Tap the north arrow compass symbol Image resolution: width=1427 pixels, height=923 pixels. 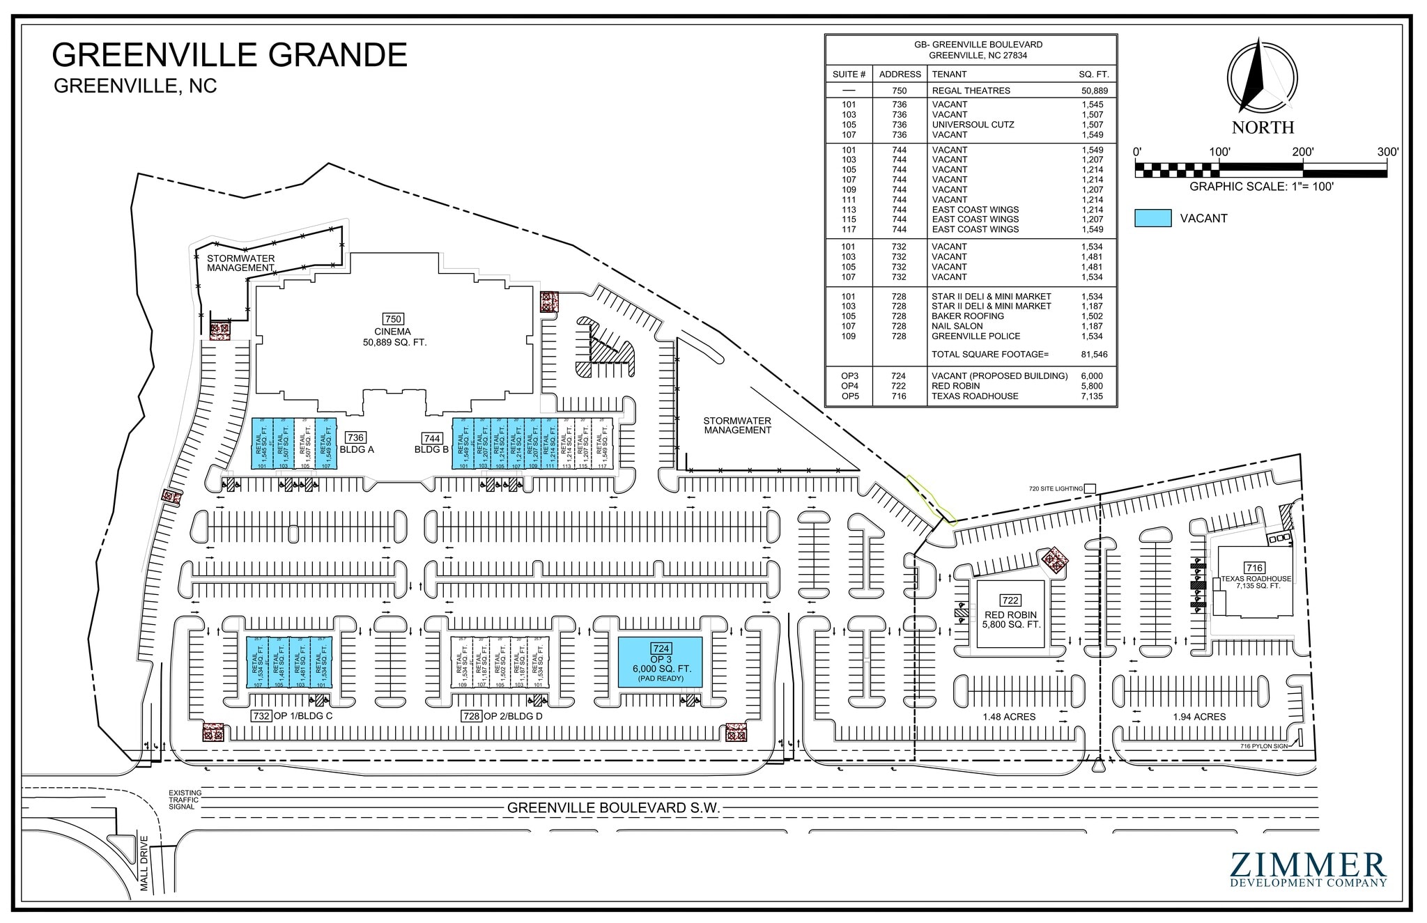pos(1262,78)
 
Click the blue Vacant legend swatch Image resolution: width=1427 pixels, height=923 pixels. pos(1152,218)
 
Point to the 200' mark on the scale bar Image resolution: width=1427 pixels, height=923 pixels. pos(1303,153)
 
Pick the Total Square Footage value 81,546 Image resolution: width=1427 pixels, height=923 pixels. pos(1094,355)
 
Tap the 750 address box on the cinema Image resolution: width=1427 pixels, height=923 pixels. pos(394,320)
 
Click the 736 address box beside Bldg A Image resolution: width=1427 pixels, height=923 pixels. pos(355,437)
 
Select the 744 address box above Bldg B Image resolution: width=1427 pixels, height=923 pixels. pos(431,438)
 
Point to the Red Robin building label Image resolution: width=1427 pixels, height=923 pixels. pos(1010,616)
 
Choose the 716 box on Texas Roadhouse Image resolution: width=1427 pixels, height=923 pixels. pos(1254,568)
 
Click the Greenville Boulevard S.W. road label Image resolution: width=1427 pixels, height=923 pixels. pos(613,808)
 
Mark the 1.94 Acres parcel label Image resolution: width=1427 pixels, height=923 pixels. pos(1198,717)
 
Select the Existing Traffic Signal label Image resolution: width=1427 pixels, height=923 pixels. pos(185,800)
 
